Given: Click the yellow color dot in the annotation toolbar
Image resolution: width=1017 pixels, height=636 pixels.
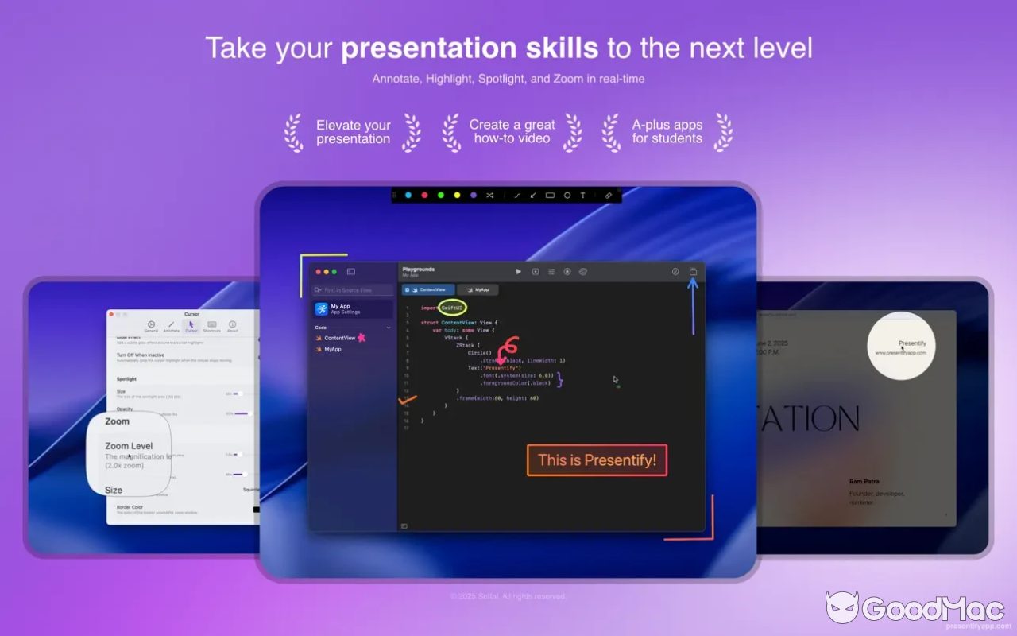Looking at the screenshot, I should coord(457,195).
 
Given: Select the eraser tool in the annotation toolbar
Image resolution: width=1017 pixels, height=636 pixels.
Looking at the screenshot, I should coord(609,195).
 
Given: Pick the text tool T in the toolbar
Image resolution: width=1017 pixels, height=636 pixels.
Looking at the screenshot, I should coord(582,195).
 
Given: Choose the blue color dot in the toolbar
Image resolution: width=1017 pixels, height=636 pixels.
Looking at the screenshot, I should coord(408,195).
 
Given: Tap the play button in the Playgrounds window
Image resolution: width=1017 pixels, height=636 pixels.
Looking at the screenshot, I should coord(518,272).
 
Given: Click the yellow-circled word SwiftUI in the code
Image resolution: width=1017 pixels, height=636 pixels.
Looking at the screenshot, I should coord(452,308).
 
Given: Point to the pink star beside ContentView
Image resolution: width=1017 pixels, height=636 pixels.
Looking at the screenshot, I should coord(362,338).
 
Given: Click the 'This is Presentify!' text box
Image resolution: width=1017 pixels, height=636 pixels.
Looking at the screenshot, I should coord(597,460).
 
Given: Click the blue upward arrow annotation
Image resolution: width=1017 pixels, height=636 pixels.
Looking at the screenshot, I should coord(693,306).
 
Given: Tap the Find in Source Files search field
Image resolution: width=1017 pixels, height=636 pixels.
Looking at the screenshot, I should coord(353,290).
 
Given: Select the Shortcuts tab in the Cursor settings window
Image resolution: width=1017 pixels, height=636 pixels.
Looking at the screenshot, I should coord(211,326).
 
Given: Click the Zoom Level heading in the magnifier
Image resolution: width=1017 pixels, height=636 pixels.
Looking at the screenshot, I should coord(129,446).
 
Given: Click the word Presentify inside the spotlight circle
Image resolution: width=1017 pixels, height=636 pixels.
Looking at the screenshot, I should coord(912,343).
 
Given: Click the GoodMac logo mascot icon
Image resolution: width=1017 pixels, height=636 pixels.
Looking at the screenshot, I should coord(842,607).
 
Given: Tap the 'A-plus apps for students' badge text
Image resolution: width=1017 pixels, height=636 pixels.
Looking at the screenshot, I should coord(667,131).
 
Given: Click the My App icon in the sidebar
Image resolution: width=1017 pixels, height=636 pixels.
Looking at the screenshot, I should coord(321,309).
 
